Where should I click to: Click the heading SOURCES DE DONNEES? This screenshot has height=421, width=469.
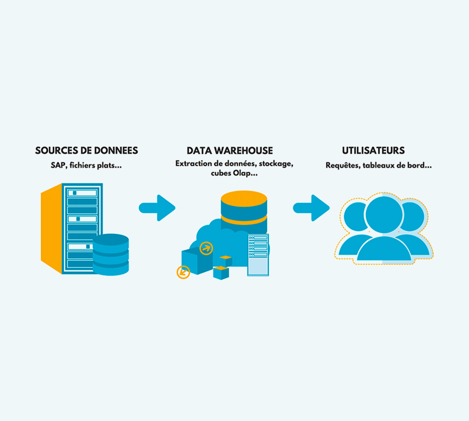[87, 151]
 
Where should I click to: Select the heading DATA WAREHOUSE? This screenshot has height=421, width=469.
[230, 151]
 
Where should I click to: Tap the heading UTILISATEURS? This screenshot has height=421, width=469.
[373, 151]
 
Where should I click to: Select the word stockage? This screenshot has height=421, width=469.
[276, 164]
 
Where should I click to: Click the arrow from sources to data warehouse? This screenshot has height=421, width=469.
[158, 208]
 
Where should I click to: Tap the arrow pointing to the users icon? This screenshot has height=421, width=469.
[311, 208]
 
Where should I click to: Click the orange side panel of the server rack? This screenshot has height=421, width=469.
[51, 229]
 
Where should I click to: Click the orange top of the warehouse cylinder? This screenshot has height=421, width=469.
[244, 198]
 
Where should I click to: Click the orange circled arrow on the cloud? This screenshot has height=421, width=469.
[206, 248]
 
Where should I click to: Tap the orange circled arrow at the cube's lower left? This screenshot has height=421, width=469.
[183, 272]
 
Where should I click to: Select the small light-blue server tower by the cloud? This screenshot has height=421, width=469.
[258, 255]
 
